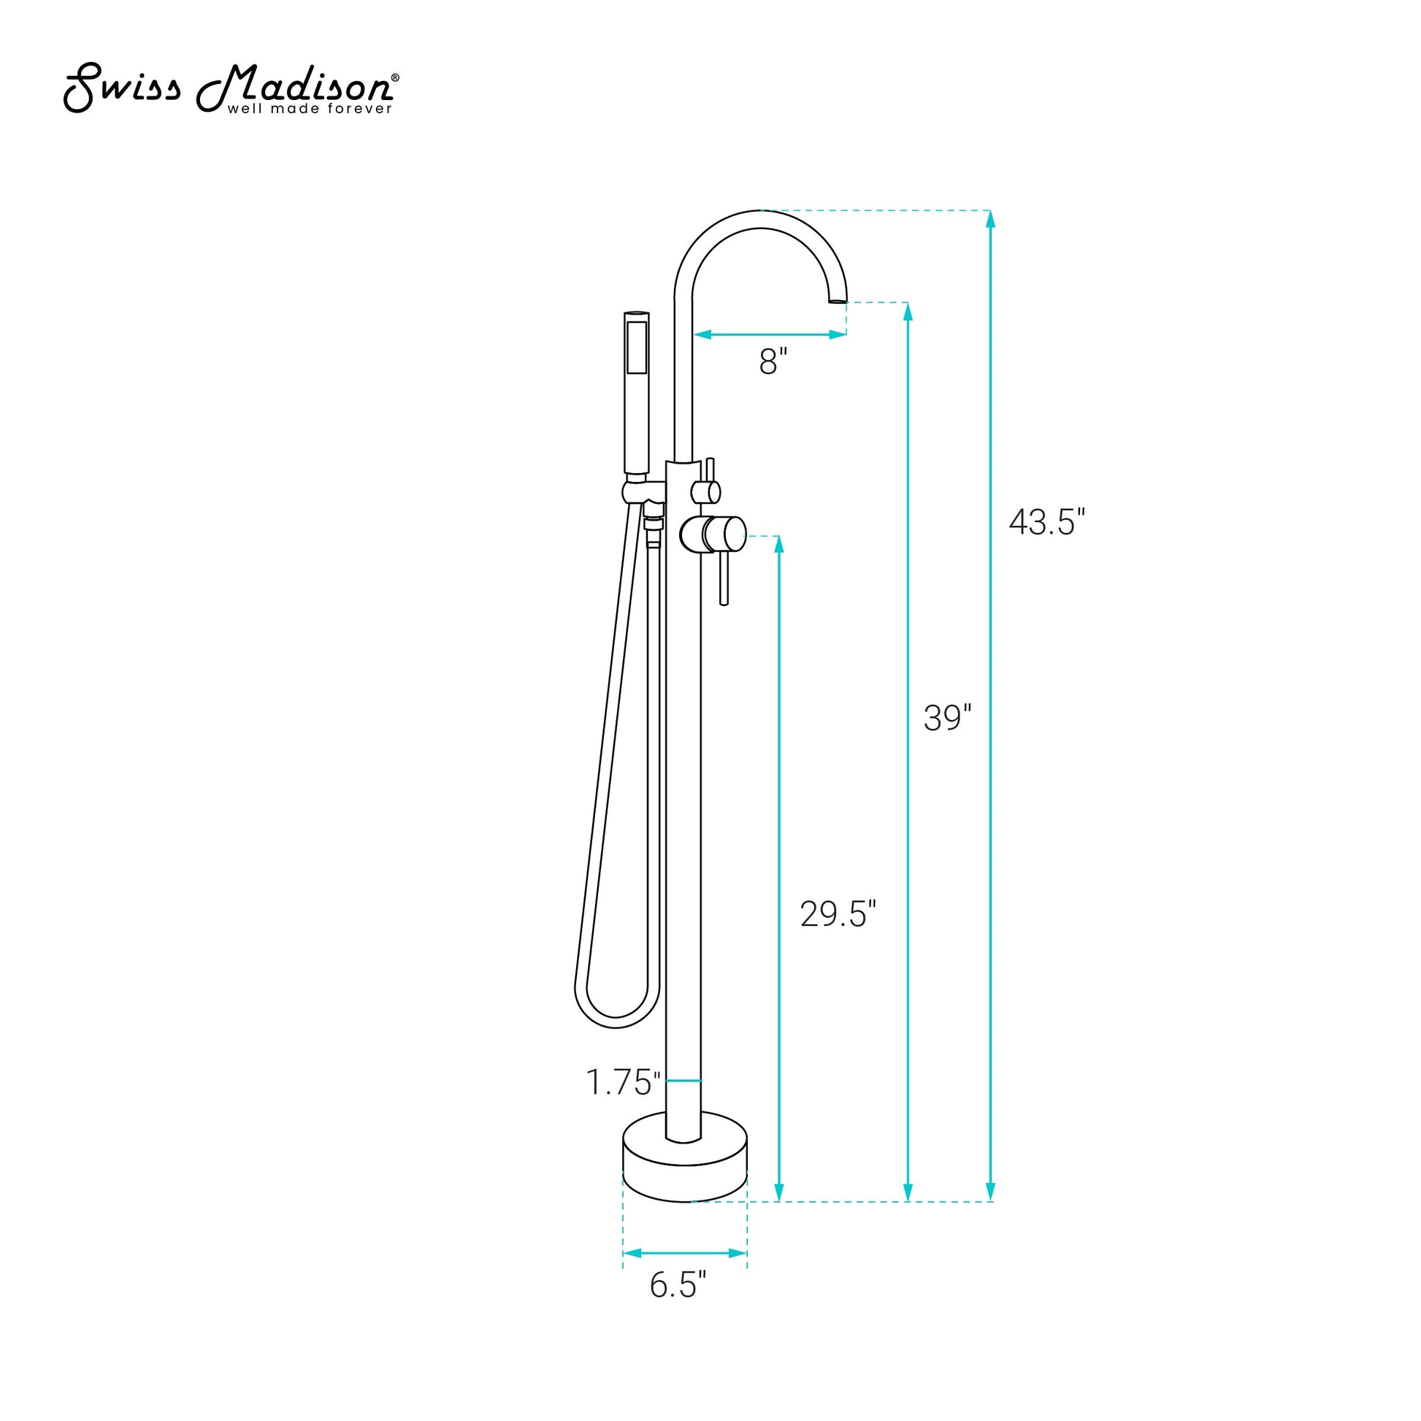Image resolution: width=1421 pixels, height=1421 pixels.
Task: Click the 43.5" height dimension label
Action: click(x=1046, y=522)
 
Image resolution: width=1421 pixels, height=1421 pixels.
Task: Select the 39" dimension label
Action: click(x=948, y=718)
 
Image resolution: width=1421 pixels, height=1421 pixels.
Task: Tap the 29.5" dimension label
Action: click(x=838, y=914)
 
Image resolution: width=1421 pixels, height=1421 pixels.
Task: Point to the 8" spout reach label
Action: click(x=773, y=362)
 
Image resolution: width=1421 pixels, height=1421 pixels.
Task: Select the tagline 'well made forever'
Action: click(x=310, y=109)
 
